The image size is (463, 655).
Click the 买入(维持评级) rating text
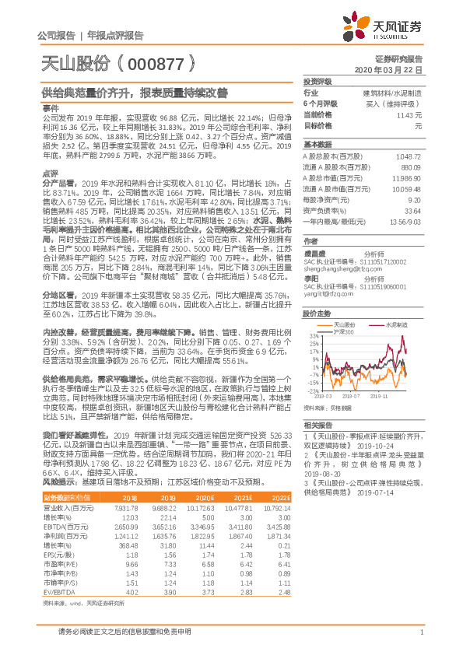(395, 103)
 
